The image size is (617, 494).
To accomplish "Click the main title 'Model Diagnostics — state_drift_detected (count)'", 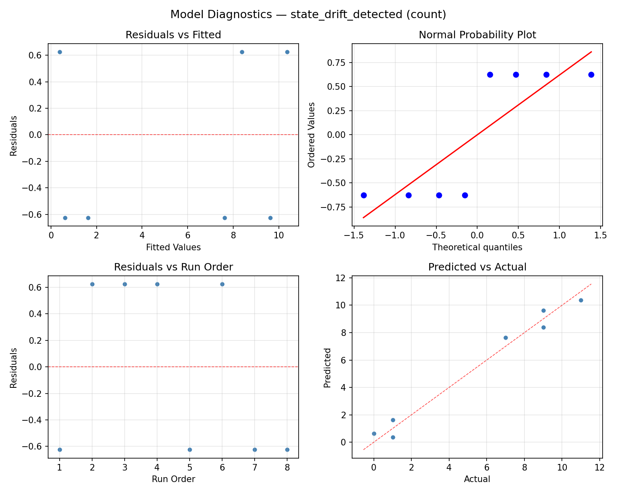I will pyautogui.click(x=308, y=14).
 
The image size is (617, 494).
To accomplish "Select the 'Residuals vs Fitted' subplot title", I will pyautogui.click(x=173, y=35).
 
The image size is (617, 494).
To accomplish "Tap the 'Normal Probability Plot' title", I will pyautogui.click(x=477, y=35).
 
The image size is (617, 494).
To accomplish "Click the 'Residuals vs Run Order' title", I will pyautogui.click(x=173, y=267).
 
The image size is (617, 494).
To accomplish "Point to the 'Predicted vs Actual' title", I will pyautogui.click(x=477, y=267).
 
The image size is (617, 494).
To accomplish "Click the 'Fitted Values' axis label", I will pyautogui.click(x=173, y=247).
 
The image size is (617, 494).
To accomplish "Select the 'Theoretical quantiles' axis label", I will pyautogui.click(x=477, y=247).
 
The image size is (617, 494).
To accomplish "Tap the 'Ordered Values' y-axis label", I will pyautogui.click(x=311, y=135).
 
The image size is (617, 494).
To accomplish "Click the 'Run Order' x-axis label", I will pyautogui.click(x=173, y=479).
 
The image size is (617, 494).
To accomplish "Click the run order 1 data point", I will pyautogui.click(x=60, y=450).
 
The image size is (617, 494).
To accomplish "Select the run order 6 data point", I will pyautogui.click(x=222, y=284).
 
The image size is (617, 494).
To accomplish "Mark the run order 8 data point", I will pyautogui.click(x=287, y=450).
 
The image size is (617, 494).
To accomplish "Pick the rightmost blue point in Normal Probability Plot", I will pyautogui.click(x=591, y=75).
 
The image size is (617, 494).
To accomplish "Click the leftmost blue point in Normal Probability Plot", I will pyautogui.click(x=364, y=195).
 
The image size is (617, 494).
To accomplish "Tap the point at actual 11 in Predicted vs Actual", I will pyautogui.click(x=581, y=300).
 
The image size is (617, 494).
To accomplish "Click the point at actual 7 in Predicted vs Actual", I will pyautogui.click(x=506, y=338).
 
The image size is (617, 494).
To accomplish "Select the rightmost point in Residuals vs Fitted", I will pyautogui.click(x=287, y=52).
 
